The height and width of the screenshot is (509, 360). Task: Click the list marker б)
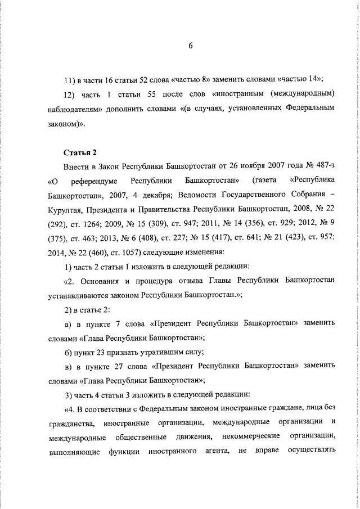click(x=69, y=352)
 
